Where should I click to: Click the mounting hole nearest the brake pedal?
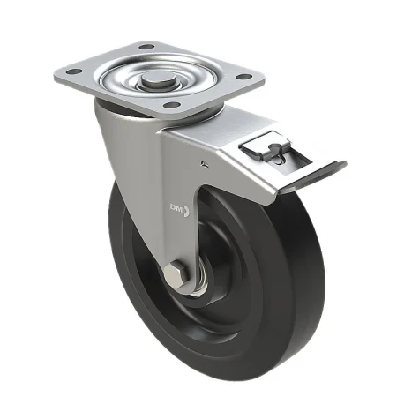pyautogui.click(x=244, y=77)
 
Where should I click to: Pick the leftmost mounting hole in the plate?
pyautogui.click(x=74, y=71)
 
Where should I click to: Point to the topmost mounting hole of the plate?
pyautogui.click(x=146, y=47)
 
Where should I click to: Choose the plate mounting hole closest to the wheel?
pyautogui.click(x=172, y=104)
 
